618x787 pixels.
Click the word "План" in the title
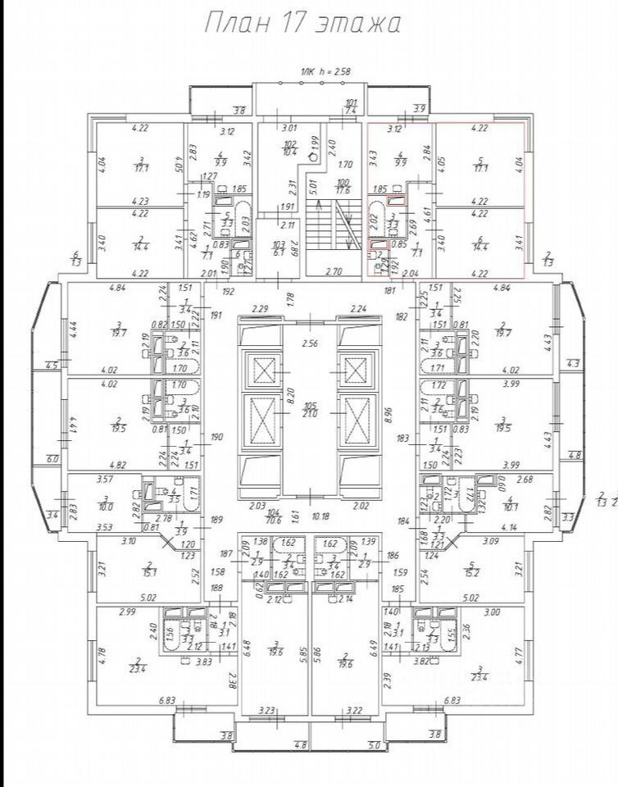pos(233,22)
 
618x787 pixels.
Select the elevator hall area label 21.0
pos(309,413)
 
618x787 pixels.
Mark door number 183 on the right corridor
pos(402,439)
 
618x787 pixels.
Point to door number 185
pos(398,589)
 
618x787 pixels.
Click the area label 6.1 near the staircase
pos(279,252)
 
